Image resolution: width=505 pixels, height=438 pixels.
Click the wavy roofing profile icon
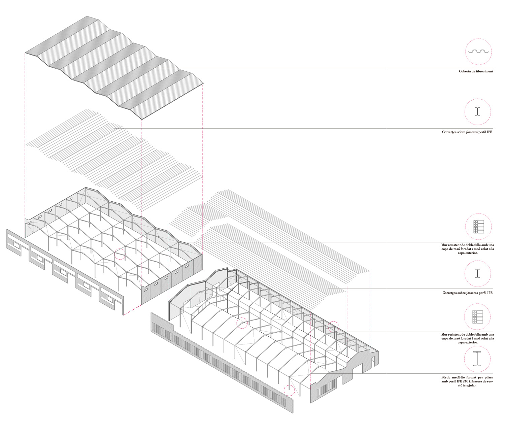pos(479,52)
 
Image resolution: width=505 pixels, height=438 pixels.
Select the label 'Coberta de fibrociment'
pos(476,71)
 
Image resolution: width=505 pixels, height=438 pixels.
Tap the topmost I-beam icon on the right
pos(477,111)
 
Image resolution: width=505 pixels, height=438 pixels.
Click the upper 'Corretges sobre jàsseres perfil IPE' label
pos(467,132)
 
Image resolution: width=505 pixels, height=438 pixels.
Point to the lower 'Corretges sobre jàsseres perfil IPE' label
pos(467,293)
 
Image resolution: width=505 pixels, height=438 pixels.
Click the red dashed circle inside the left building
pos(120,254)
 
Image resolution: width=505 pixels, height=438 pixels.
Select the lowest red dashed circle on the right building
pos(289,390)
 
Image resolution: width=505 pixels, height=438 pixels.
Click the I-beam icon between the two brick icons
pos(477,273)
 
